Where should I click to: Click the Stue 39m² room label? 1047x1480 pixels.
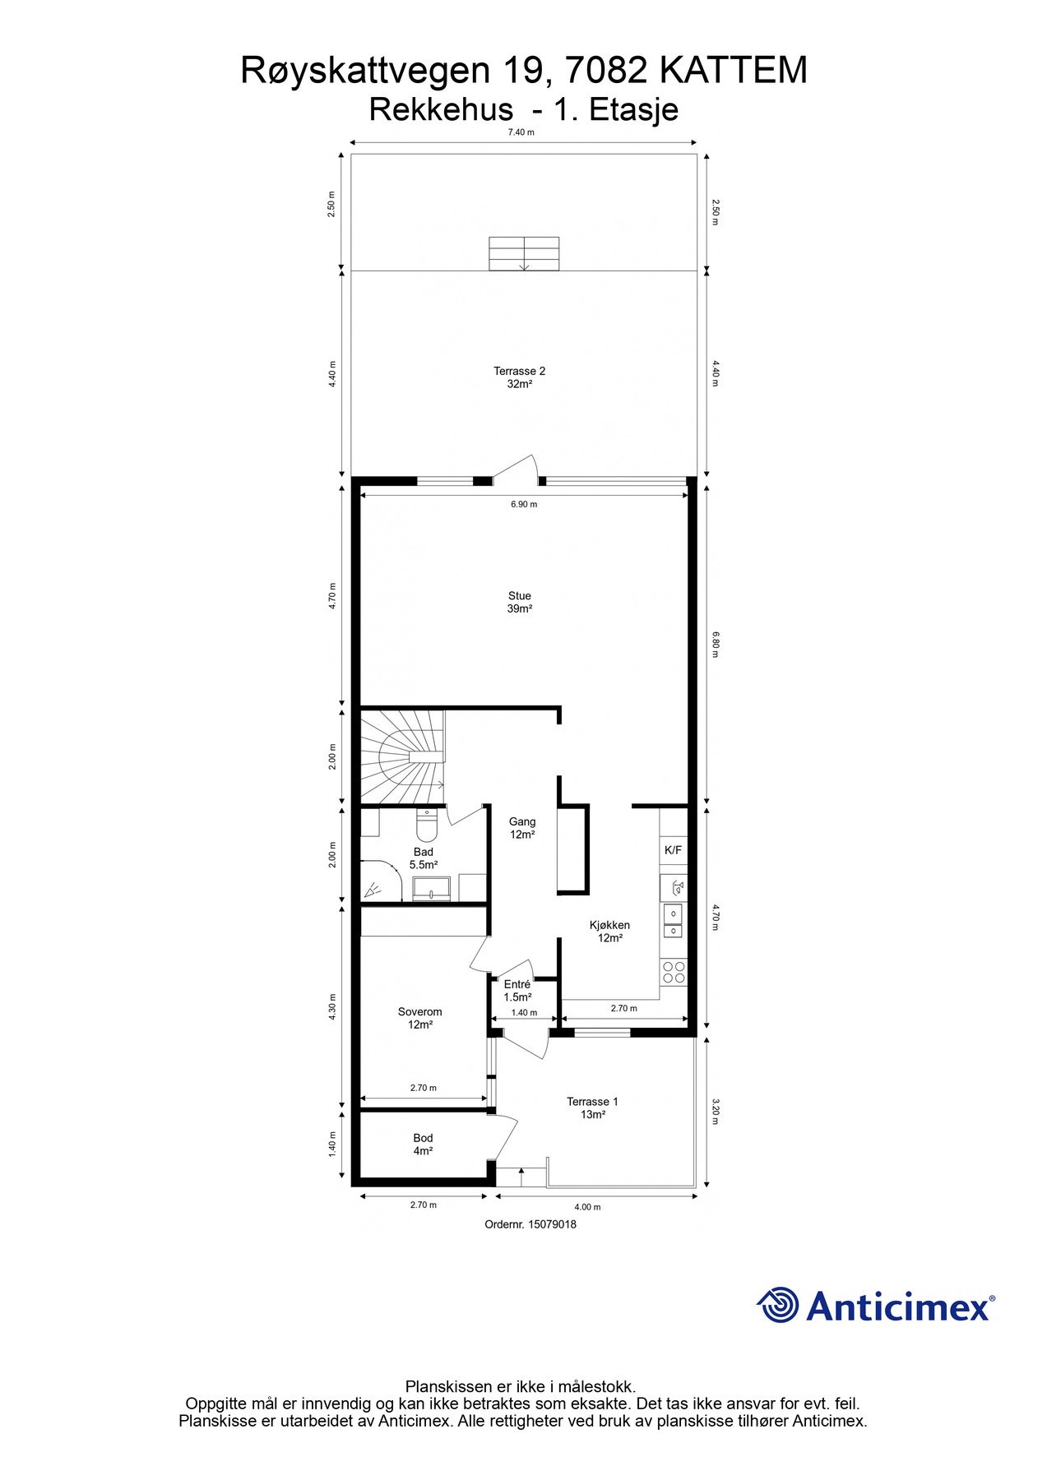(x=520, y=603)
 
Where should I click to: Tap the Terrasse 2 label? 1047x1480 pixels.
(x=519, y=377)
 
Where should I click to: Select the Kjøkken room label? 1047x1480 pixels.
(x=609, y=932)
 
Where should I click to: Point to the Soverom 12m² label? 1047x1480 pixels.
(x=420, y=1019)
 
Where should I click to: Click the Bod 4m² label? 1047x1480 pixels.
(x=423, y=1145)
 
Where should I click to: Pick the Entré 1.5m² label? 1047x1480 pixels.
(x=517, y=991)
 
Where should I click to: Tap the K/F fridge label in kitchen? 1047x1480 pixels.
(x=673, y=850)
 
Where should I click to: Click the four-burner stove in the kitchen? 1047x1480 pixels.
(x=674, y=973)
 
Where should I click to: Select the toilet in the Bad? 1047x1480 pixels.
(x=427, y=821)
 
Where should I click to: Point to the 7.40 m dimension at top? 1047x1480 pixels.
(x=521, y=132)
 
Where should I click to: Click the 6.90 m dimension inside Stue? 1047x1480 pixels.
(x=524, y=504)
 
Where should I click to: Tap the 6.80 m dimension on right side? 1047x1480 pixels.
(x=716, y=645)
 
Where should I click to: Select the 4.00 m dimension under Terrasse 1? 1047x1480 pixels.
(x=587, y=1207)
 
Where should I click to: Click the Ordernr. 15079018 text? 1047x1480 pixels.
(x=530, y=1224)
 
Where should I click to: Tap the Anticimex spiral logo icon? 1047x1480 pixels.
(x=777, y=1305)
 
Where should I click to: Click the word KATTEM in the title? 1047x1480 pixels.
(x=734, y=72)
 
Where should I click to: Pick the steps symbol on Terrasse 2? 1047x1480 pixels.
(x=524, y=254)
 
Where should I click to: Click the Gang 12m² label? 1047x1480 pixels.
(x=522, y=828)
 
